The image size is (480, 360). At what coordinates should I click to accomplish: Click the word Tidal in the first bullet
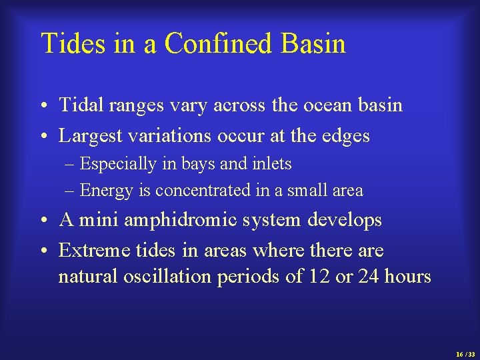(77, 105)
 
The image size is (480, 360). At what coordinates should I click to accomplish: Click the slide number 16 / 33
(465, 354)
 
